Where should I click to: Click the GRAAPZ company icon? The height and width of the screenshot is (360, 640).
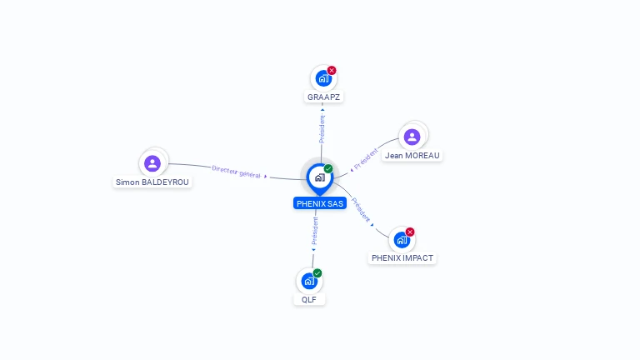322,79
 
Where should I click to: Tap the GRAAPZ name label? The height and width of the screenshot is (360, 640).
323,97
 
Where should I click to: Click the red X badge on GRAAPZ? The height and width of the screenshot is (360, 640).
332,71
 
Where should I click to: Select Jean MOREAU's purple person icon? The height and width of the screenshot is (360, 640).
412,137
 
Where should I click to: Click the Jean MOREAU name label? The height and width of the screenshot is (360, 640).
412,156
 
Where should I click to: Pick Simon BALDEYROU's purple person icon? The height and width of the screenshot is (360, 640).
152,163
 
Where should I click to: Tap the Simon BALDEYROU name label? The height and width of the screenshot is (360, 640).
153,182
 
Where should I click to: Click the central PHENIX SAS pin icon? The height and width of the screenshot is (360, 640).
319,177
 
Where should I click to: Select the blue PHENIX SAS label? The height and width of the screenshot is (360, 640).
320,203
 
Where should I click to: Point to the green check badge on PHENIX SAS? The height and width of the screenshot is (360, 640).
328,169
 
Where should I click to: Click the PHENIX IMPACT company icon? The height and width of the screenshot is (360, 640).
402,240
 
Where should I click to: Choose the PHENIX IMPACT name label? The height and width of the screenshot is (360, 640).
402,258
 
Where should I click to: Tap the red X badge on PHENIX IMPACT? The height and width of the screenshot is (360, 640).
410,232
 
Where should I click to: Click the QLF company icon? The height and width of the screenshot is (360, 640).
309,281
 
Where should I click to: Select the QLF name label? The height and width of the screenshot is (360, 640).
309,299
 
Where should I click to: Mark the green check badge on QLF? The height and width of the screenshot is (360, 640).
317,273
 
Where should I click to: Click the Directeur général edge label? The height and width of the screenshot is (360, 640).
236,172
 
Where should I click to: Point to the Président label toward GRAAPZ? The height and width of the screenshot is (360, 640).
322,128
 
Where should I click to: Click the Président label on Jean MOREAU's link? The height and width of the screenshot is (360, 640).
366,159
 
